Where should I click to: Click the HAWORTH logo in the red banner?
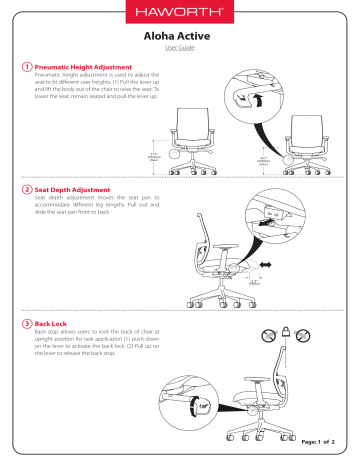tap(180, 14)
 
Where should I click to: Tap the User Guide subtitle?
tap(180, 47)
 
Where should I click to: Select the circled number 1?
tap(26, 67)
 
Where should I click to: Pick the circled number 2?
tap(26, 189)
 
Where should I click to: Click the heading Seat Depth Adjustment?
tap(75, 189)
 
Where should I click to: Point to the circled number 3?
tap(26, 324)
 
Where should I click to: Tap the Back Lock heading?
tap(55, 324)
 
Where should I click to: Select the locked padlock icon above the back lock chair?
tap(284, 331)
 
